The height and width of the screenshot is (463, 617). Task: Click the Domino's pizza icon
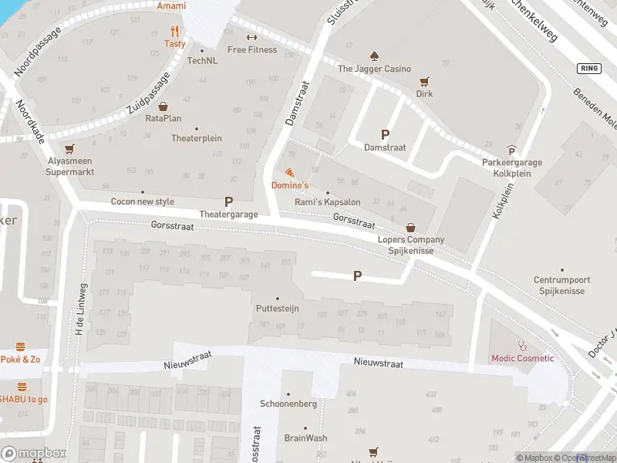[x=289, y=172]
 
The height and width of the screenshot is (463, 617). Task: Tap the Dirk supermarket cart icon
[x=423, y=81]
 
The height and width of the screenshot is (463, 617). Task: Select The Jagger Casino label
[x=374, y=69]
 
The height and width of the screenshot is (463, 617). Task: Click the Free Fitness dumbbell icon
[x=251, y=37]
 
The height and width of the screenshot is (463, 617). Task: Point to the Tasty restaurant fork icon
[x=174, y=32]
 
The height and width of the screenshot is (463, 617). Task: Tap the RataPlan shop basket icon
[x=163, y=106]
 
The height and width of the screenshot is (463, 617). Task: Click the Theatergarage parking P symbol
[x=228, y=201]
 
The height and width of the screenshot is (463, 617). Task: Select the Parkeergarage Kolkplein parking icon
[x=511, y=150]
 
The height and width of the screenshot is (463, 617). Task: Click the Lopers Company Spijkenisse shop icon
[x=410, y=228]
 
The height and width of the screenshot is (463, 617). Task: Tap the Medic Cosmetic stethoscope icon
[x=523, y=346]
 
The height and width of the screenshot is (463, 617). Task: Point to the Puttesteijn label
[x=277, y=309]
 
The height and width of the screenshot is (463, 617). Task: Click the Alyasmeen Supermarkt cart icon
[x=70, y=149]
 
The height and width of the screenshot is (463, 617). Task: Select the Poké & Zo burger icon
[x=21, y=347]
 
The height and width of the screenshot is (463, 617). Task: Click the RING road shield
[x=588, y=69]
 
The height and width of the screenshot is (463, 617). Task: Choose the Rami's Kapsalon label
[x=328, y=202]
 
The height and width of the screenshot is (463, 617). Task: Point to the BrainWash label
[x=305, y=438]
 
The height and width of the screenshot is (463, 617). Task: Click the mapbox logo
[x=33, y=453]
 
